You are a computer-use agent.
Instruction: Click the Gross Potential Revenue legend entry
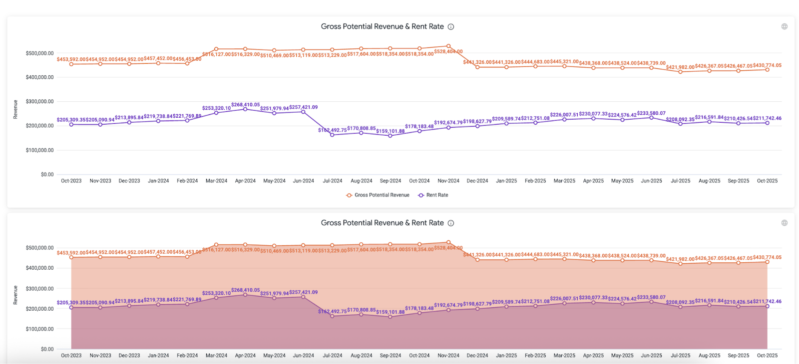(x=382, y=195)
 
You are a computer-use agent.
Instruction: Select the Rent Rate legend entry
(x=436, y=195)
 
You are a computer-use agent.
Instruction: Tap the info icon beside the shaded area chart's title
(x=450, y=223)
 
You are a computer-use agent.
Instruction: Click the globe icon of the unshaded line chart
(x=784, y=26)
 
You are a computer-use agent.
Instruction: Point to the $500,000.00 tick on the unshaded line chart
(x=39, y=53)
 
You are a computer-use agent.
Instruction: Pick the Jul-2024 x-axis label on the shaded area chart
(x=332, y=356)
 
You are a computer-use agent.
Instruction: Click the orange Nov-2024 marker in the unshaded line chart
(x=448, y=46)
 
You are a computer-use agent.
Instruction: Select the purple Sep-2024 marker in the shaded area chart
(x=391, y=317)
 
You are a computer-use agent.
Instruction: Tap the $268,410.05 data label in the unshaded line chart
(x=245, y=105)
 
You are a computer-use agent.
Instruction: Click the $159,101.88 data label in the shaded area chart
(x=391, y=312)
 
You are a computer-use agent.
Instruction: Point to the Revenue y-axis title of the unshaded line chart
(x=15, y=109)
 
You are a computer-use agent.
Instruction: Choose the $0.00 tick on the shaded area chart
(x=47, y=349)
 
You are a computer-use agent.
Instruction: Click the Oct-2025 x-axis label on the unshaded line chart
(x=767, y=181)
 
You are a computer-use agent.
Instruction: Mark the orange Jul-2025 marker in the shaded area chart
(x=680, y=264)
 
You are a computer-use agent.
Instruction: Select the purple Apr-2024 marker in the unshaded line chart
(x=245, y=109)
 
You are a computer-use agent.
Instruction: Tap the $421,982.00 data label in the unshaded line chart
(x=680, y=67)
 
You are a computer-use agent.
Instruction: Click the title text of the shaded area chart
(x=382, y=223)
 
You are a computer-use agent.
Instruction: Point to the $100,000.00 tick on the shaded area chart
(x=39, y=329)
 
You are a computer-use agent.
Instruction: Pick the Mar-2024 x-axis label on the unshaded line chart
(x=216, y=181)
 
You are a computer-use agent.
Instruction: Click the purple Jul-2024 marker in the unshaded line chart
(x=332, y=135)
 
